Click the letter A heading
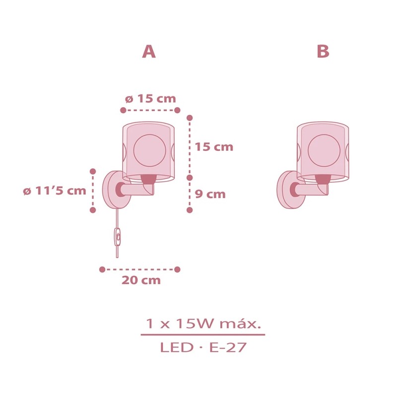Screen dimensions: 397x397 148,52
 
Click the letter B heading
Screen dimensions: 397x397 323,52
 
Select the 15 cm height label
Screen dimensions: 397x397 214,147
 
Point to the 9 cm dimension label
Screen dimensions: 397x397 209,194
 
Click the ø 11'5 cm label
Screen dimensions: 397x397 55,191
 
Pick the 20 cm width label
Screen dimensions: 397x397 141,280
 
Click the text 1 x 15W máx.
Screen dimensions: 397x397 203,325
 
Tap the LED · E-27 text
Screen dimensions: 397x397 203,347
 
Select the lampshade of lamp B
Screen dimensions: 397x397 323,149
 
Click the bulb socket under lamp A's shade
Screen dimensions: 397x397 149,179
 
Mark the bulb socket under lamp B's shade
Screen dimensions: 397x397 323,179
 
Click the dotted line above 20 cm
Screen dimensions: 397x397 140,269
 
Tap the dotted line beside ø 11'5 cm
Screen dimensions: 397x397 93,191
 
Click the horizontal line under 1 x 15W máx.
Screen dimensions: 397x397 203,335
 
